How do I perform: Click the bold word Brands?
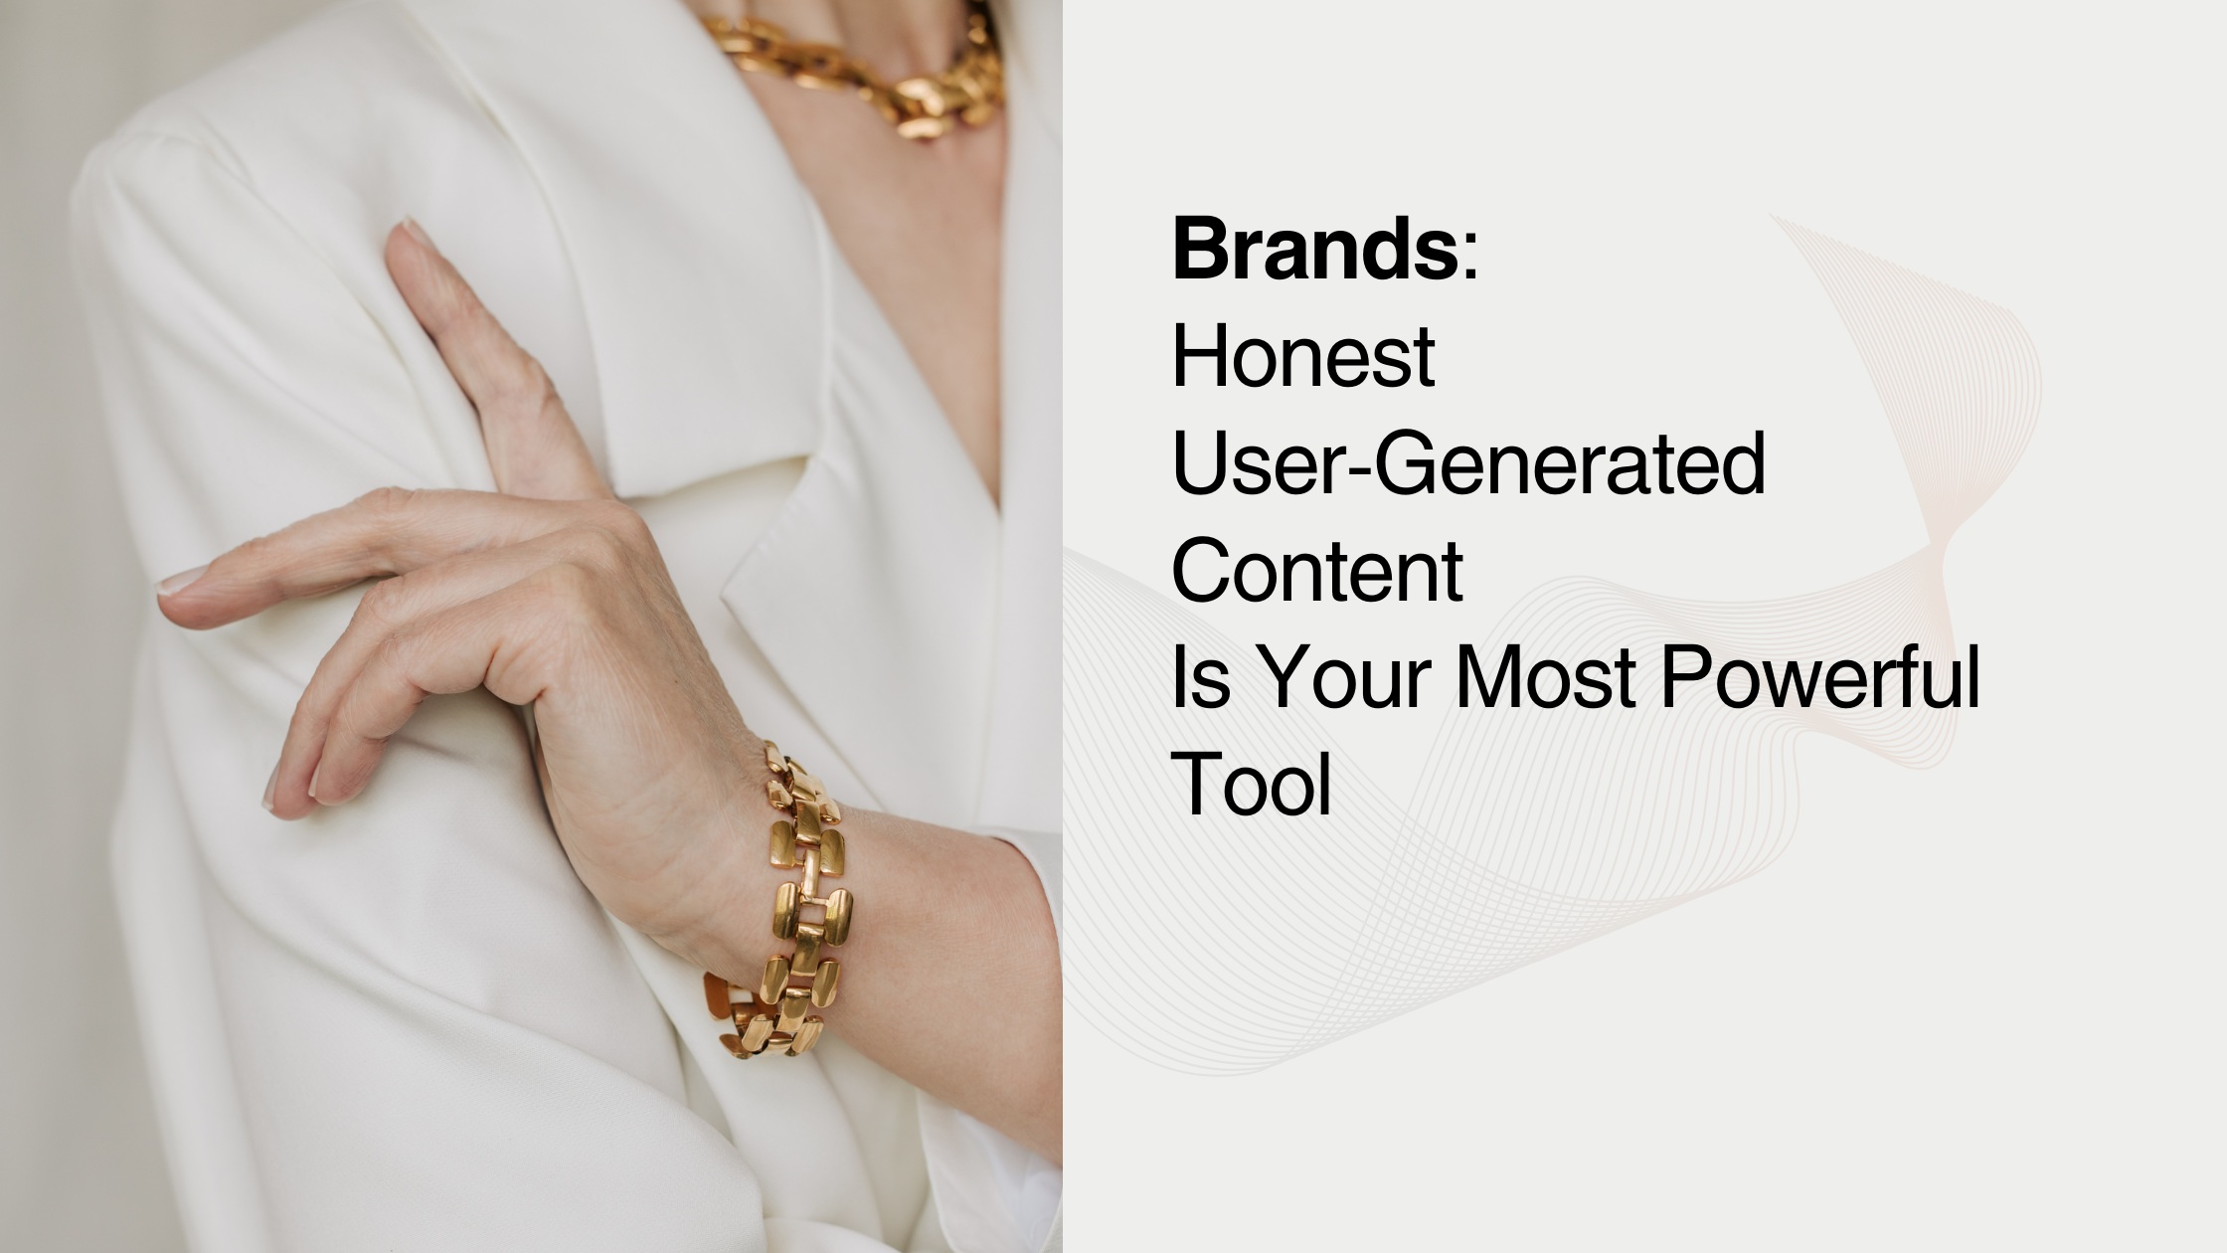1314,249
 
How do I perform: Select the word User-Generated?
1469,467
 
